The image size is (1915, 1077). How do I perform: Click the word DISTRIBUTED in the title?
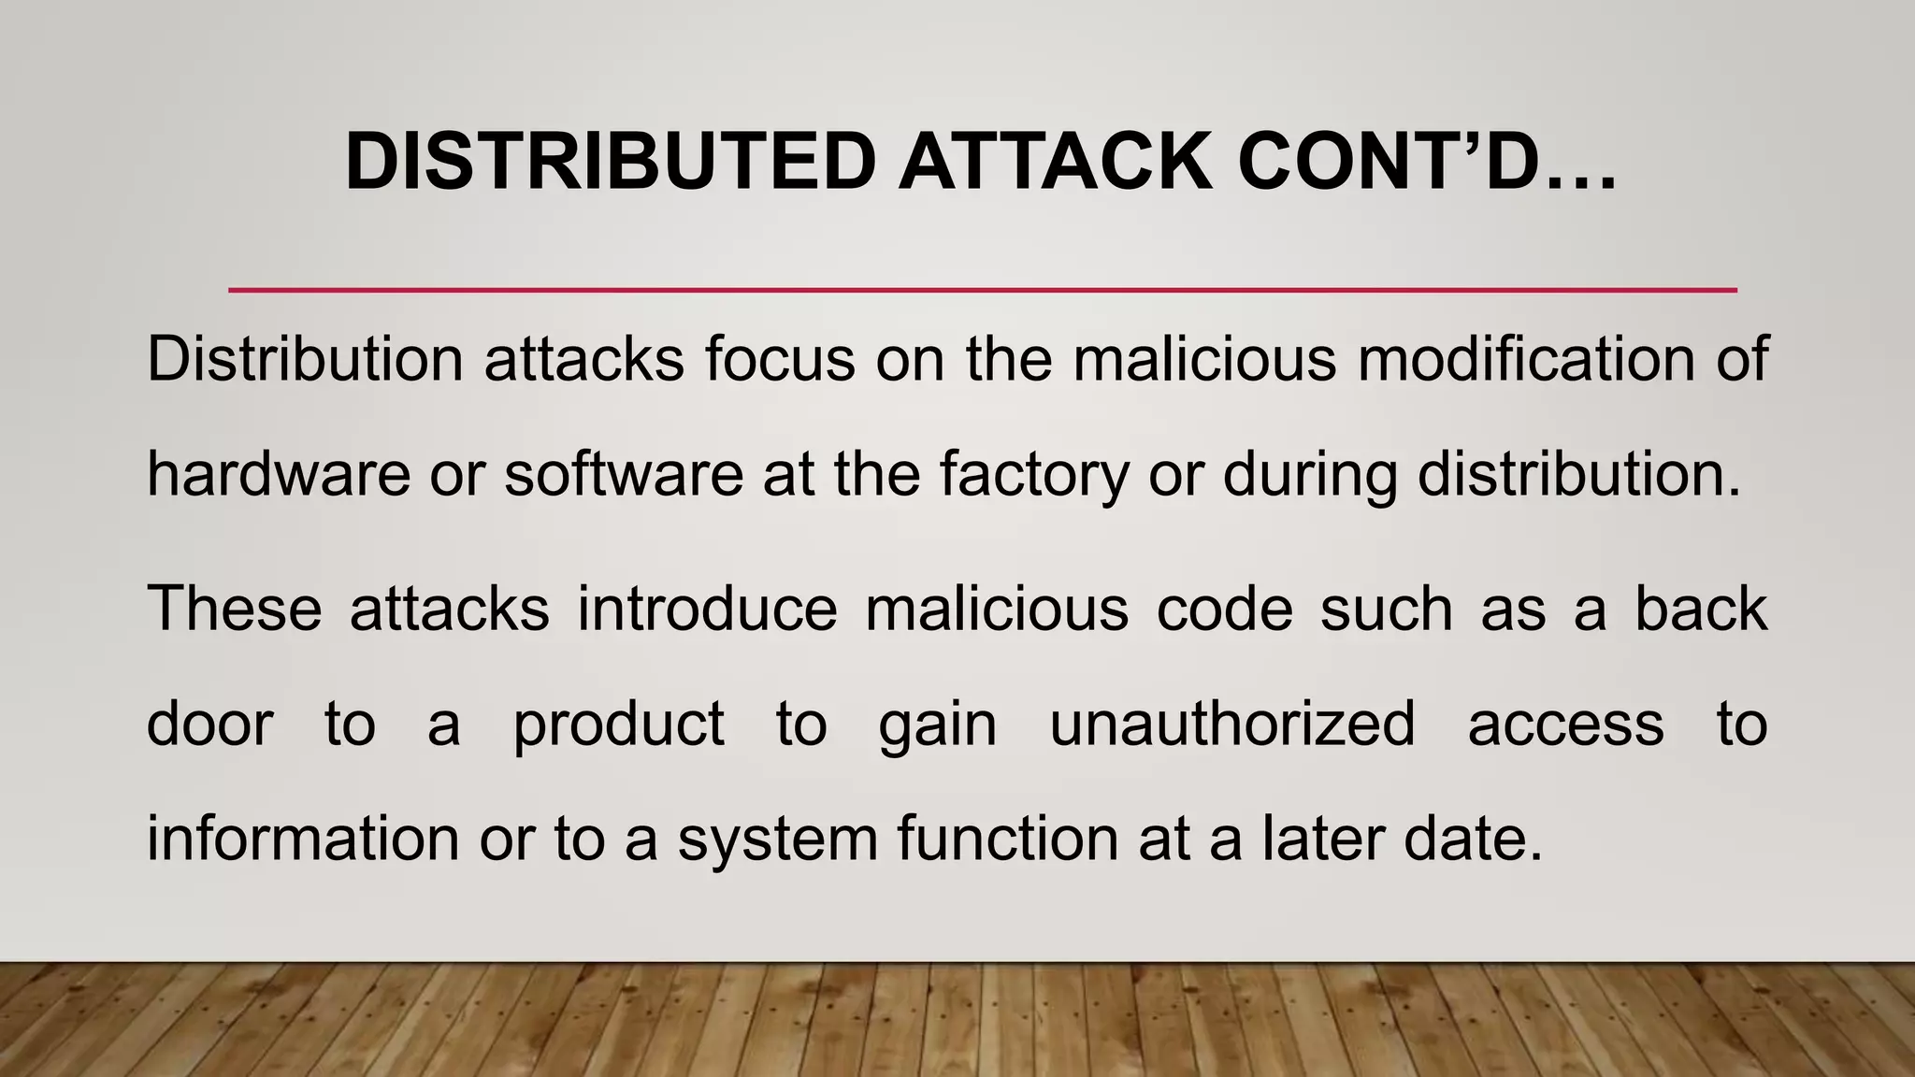[x=610, y=162]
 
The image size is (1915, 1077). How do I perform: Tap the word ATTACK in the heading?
[x=1056, y=162]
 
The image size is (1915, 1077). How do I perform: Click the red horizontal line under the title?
[x=982, y=290]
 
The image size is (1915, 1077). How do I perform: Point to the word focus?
[x=780, y=359]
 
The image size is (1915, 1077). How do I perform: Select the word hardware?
[x=279, y=474]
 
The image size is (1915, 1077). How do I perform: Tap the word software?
[x=623, y=474]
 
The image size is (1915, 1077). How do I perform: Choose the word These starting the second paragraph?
[x=235, y=609]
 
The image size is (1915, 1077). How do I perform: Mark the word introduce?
[x=707, y=609]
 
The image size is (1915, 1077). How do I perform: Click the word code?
[x=1225, y=609]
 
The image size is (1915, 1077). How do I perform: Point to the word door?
[x=210, y=724]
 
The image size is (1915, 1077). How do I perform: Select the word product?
[x=619, y=725]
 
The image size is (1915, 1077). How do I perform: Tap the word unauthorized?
[x=1232, y=724]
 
